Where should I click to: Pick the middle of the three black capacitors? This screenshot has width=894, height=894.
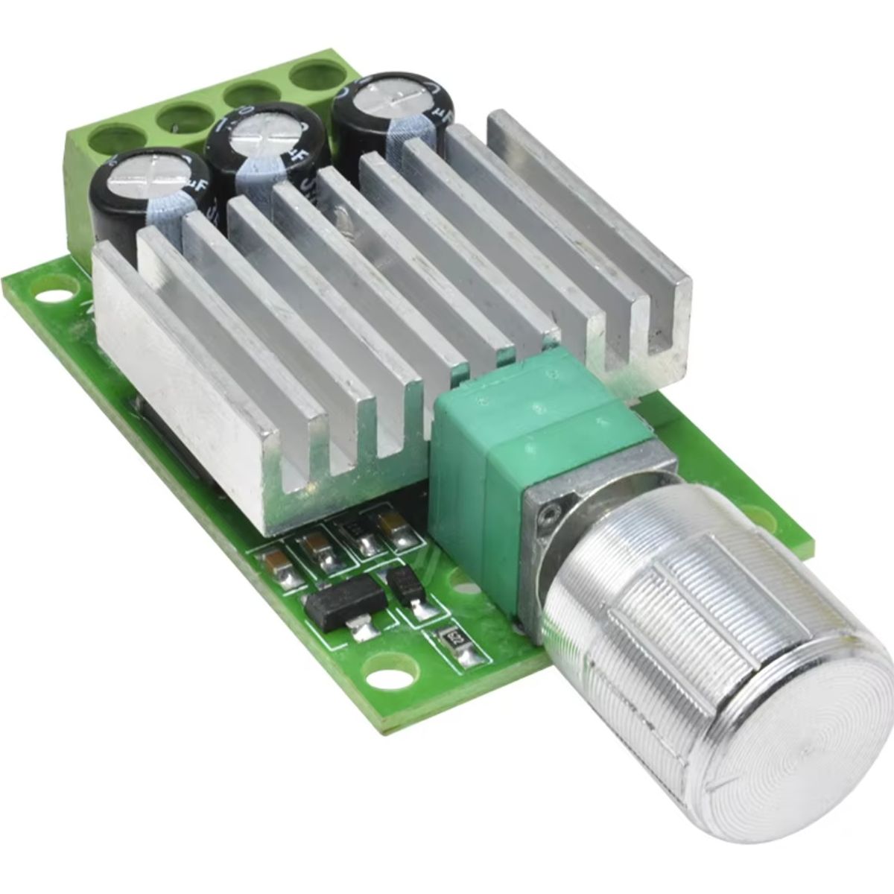257,153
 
